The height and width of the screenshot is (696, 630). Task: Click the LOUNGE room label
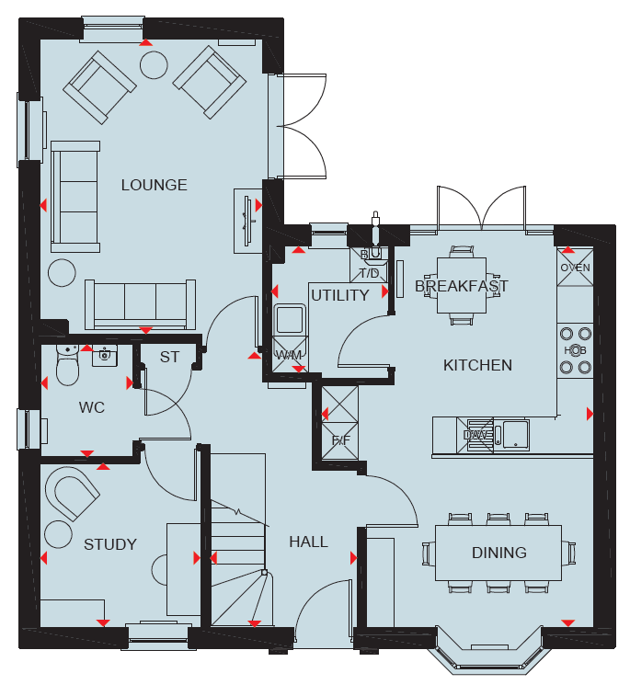pos(155,185)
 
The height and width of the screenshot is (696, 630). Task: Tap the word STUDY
pos(110,544)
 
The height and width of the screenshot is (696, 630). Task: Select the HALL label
pos(309,542)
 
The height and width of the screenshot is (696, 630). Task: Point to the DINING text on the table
pos(499,553)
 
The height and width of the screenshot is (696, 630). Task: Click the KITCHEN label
pos(477,365)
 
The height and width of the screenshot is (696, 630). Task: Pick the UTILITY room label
pos(340,295)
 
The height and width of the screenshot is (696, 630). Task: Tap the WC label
pos(92,407)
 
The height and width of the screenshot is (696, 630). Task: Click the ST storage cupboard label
pos(169,357)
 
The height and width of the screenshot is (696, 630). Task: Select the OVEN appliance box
pos(575,268)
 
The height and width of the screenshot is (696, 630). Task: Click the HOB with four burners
pos(575,350)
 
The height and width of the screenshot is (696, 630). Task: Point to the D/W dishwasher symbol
pos(475,436)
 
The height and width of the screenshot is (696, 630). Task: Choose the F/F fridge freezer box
pos(339,423)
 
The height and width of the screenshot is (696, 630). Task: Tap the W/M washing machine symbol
pos(290,355)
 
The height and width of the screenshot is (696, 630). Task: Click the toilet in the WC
pos(67,365)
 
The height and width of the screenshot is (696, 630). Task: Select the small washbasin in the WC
pos(105,356)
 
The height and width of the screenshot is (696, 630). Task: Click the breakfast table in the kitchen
pos(462,285)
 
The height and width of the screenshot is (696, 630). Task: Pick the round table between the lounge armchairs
pos(154,64)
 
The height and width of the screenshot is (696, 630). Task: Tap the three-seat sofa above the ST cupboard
pos(141,304)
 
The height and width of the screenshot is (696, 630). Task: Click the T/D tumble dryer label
pos(370,273)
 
